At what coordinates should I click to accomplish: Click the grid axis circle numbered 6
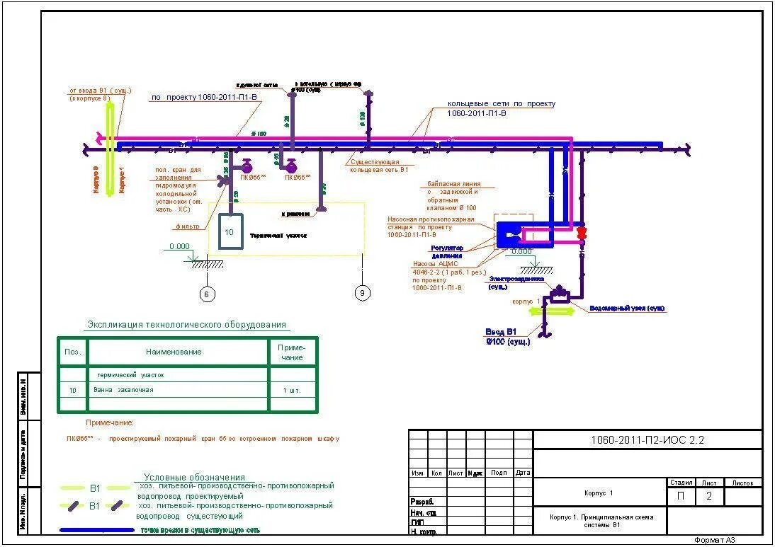207,294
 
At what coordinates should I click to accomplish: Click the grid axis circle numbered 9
362,292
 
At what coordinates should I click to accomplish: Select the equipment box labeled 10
230,231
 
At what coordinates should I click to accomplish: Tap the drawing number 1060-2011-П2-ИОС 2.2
647,440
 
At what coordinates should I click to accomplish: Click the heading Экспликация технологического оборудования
187,325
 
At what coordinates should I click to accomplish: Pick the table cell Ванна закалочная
123,390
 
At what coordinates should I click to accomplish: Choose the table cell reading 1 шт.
291,390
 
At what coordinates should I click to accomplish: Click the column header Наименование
174,352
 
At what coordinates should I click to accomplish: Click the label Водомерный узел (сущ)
628,309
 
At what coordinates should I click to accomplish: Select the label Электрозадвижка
516,280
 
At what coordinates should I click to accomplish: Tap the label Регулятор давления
447,252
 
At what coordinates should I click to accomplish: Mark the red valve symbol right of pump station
582,233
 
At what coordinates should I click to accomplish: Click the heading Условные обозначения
194,477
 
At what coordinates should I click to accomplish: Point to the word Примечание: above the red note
110,422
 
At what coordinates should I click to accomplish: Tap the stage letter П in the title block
681,496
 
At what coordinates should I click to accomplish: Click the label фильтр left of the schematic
188,226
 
